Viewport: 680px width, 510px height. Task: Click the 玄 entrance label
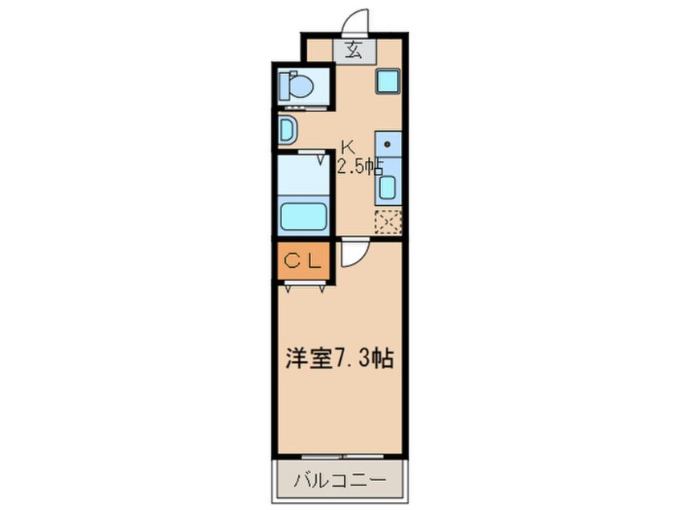point(354,51)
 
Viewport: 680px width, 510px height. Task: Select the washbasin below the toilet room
point(287,129)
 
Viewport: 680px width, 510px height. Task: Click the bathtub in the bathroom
point(303,216)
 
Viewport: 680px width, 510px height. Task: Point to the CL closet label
point(303,261)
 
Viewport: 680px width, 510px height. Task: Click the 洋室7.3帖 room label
point(339,359)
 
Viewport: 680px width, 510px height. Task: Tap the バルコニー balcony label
point(340,480)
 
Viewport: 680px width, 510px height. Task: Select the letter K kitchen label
point(347,147)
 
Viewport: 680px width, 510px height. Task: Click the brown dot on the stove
point(387,145)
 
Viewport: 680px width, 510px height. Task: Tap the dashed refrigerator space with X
point(387,222)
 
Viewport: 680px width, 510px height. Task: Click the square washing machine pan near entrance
point(387,81)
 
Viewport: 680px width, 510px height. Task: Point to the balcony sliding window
point(342,456)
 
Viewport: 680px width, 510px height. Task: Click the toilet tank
point(283,85)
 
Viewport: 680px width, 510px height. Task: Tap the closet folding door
point(304,286)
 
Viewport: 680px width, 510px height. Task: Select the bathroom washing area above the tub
point(303,175)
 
